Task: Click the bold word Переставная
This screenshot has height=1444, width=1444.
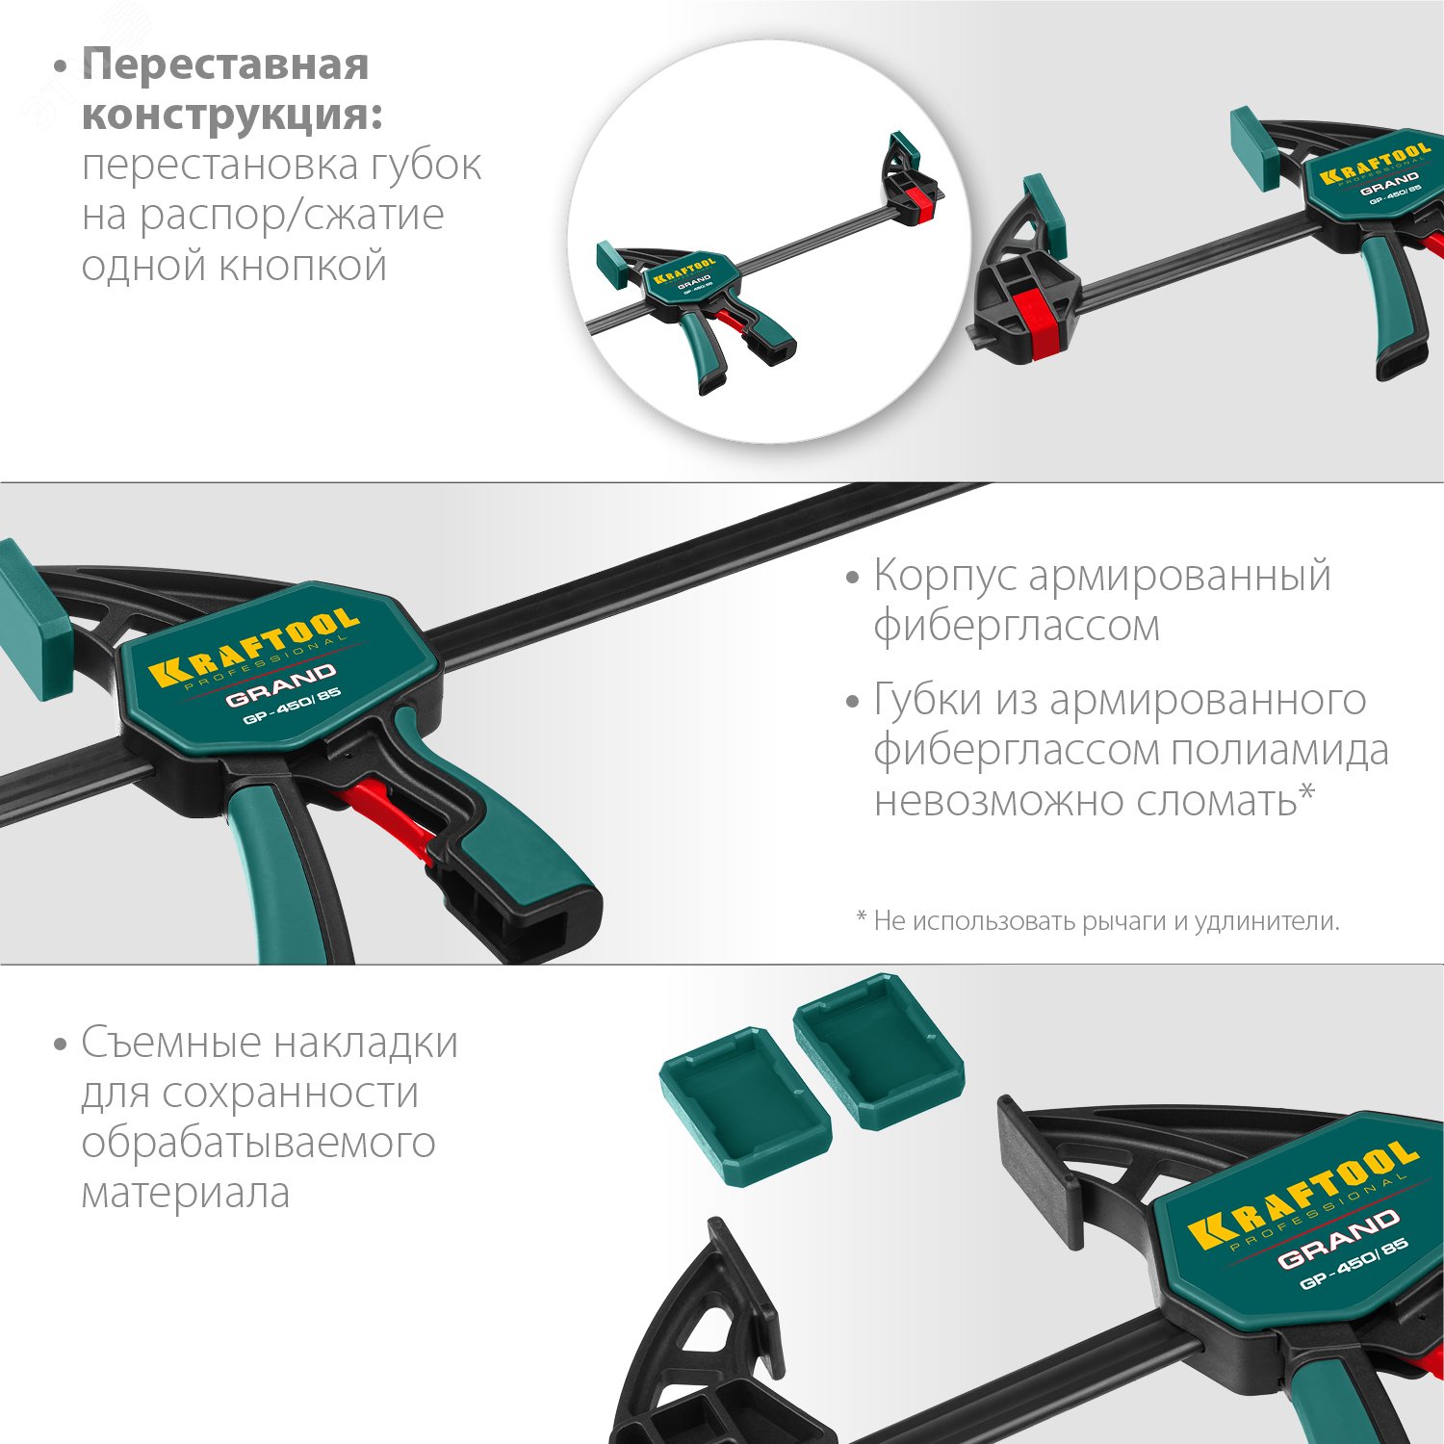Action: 225,65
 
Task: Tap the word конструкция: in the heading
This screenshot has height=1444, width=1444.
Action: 232,116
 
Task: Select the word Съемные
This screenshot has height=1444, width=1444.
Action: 169,1043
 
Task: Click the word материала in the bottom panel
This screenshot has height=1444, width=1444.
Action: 185,1193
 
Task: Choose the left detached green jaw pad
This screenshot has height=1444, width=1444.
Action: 744,1104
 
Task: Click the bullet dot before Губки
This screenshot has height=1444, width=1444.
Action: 852,701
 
